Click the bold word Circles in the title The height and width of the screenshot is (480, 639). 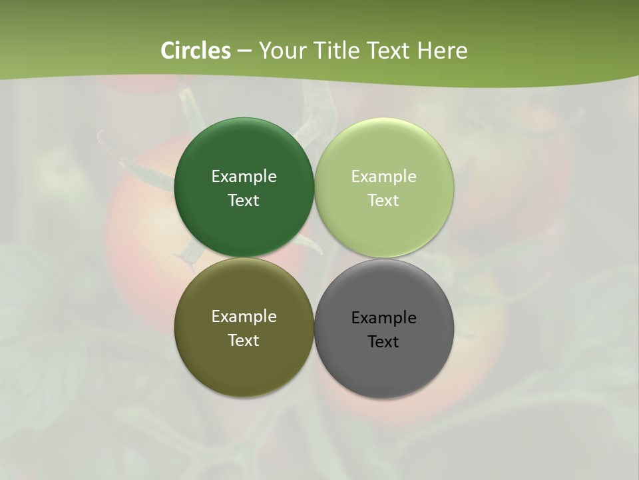point(196,51)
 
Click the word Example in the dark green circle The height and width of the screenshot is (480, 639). point(244,177)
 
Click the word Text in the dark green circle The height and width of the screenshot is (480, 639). point(244,201)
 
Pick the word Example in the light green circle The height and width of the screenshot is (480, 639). point(383,177)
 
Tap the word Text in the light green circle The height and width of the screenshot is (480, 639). point(383,201)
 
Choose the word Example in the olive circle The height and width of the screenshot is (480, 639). point(244,317)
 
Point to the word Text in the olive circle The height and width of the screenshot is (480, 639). point(244,341)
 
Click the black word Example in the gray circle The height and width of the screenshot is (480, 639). point(383,318)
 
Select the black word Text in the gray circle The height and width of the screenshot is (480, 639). point(383,342)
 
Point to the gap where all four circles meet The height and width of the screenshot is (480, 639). point(314,257)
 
